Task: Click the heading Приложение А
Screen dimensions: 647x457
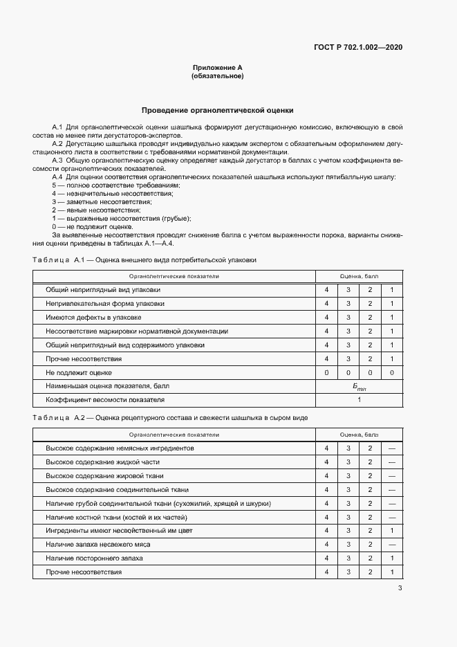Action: [217, 68]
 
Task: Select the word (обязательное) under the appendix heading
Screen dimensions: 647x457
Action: [217, 76]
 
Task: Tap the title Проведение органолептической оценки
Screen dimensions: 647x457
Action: [217, 110]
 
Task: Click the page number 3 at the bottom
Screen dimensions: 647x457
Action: [400, 588]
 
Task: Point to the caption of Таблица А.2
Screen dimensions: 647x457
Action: [170, 419]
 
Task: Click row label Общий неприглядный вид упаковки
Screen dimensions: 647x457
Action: [102, 290]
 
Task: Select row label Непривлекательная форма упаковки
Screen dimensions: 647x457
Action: [105, 304]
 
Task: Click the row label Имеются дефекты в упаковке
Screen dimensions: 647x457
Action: [93, 318]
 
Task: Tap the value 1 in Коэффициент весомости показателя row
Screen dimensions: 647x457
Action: [359, 400]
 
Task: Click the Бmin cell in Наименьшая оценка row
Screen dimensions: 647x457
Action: [359, 387]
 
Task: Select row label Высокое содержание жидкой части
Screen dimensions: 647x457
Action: [102, 462]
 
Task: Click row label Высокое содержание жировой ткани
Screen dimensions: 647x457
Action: [104, 475]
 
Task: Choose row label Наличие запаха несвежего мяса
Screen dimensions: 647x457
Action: [98, 545]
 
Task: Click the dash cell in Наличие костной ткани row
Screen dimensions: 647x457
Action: [391, 517]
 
